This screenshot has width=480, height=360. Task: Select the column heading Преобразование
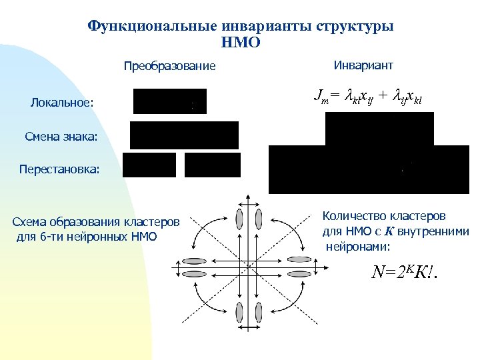point(170,66)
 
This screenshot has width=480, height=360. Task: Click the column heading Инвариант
point(363,65)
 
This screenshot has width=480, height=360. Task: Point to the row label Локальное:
point(62,103)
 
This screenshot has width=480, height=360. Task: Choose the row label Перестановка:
point(59,169)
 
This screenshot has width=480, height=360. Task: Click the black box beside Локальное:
point(170,101)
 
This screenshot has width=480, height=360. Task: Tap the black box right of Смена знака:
point(184,135)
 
